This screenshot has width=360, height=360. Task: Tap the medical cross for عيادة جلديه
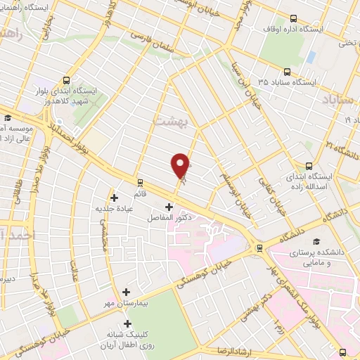[x=114, y=198]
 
